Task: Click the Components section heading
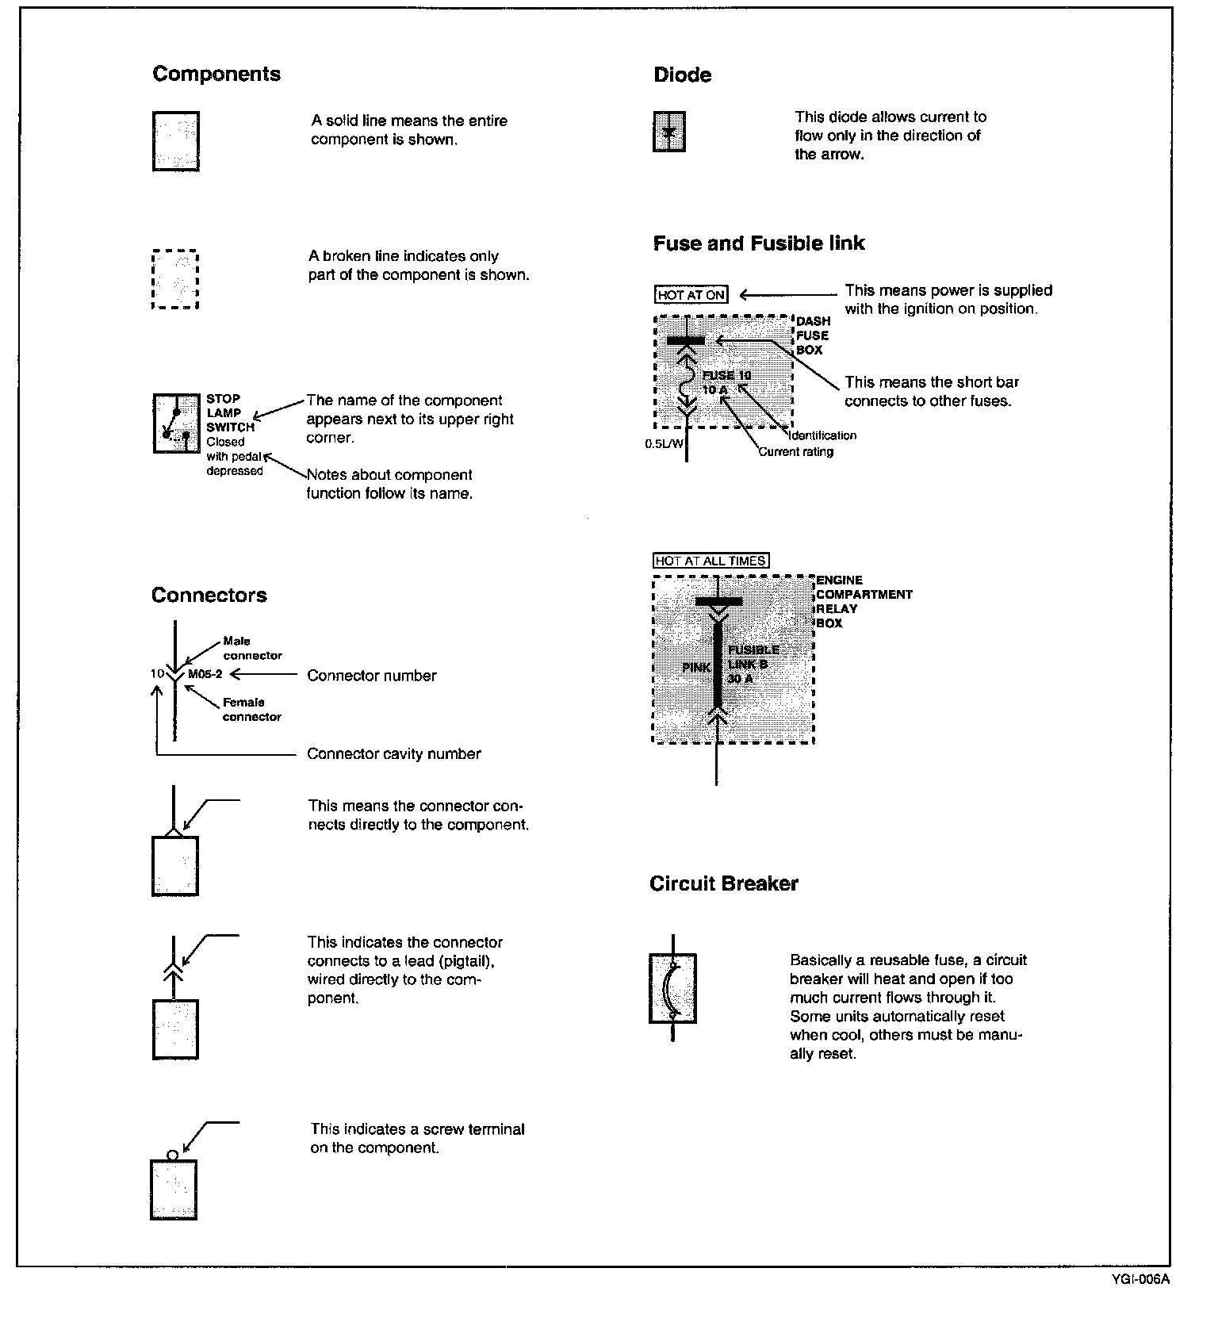tap(216, 75)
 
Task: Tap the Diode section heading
tap(682, 75)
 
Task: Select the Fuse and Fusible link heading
tap(759, 243)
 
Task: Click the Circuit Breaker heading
tap(723, 884)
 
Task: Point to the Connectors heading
tap(209, 596)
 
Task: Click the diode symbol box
tap(669, 132)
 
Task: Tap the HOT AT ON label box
tap(691, 295)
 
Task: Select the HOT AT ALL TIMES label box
tap(711, 561)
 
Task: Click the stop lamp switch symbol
tap(176, 423)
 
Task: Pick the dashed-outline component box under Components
tap(174, 279)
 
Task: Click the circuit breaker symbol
tap(672, 988)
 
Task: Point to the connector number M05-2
tap(205, 675)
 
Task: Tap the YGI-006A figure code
tap(1141, 1279)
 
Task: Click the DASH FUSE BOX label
tap(813, 335)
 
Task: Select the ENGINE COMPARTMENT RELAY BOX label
tap(864, 601)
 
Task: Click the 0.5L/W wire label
tap(664, 444)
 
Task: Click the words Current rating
tap(795, 452)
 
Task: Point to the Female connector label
tap(251, 709)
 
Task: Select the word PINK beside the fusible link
tap(696, 668)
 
